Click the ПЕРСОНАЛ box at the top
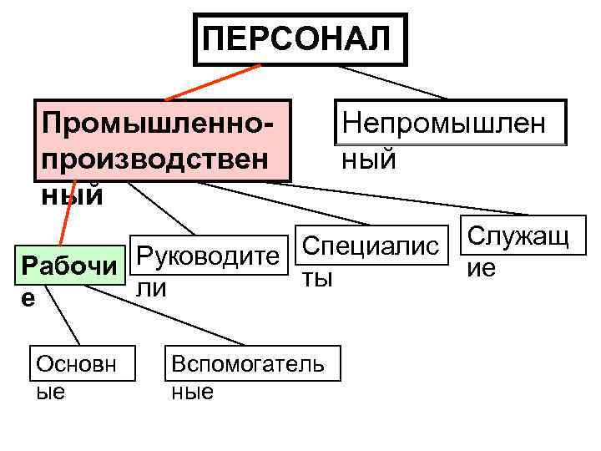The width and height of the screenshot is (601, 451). [300, 38]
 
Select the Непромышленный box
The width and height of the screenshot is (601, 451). [449, 124]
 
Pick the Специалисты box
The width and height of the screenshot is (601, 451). [370, 247]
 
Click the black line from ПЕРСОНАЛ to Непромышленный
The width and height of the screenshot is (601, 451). [401, 81]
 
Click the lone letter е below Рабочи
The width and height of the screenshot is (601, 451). [29, 298]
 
